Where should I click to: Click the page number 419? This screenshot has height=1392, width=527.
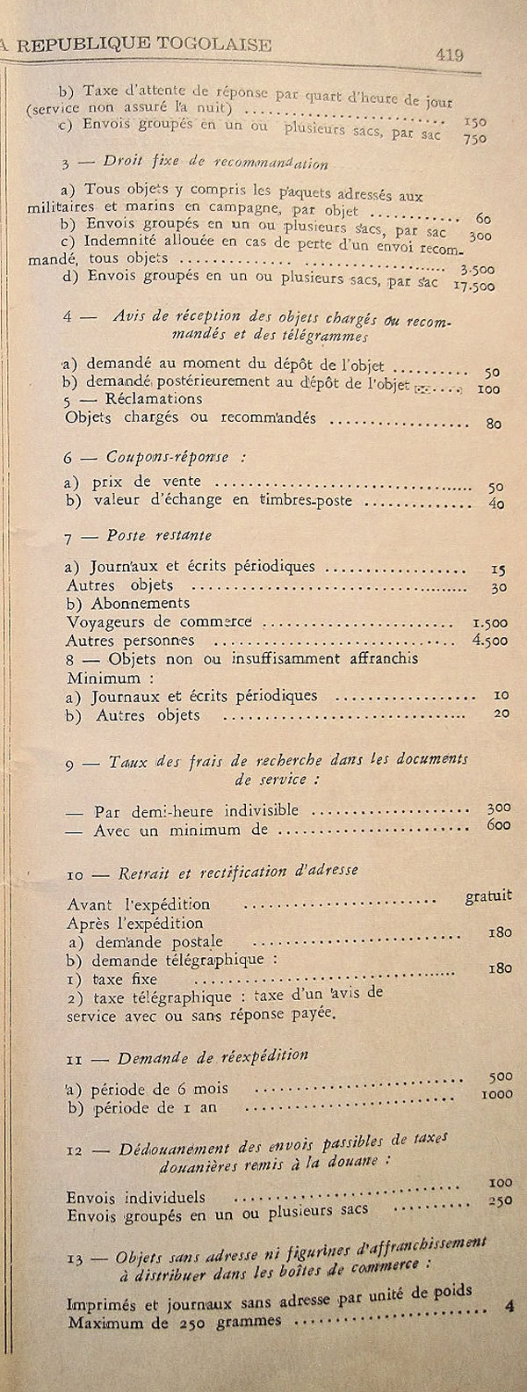(x=450, y=54)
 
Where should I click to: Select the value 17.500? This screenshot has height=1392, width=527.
(x=473, y=286)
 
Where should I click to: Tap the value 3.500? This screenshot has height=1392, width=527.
(x=478, y=270)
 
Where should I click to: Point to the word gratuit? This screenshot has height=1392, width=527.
(x=488, y=896)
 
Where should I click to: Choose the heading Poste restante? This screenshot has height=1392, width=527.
(x=159, y=535)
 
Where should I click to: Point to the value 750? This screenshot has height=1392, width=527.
(x=474, y=138)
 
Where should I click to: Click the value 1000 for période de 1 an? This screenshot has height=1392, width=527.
(x=496, y=1094)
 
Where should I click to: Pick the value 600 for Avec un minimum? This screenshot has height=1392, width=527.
(x=499, y=825)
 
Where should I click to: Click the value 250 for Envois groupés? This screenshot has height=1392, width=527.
(x=500, y=1200)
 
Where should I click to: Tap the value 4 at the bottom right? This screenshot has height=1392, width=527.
(x=509, y=1306)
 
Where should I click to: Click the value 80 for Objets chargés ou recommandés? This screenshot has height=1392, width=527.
(x=494, y=424)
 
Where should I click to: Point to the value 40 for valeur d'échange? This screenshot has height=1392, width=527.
(x=496, y=504)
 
